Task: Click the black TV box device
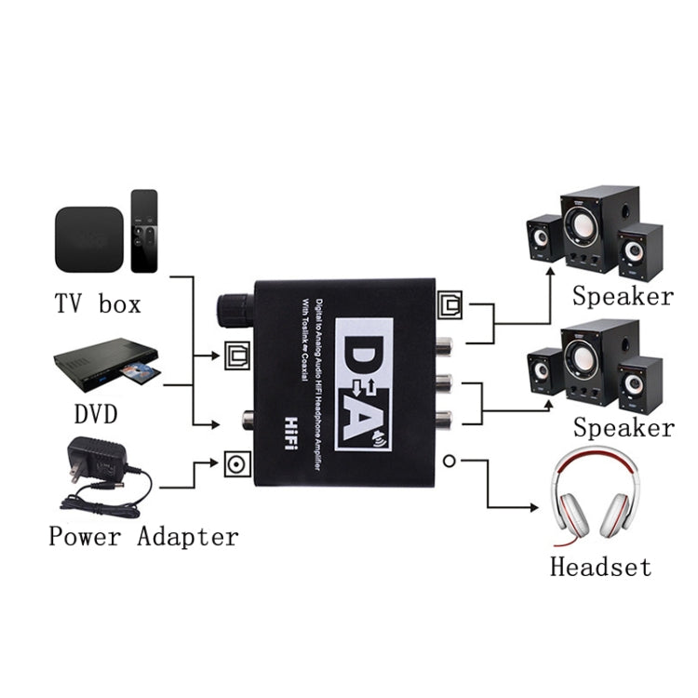pos(88,238)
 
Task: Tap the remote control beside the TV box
pos(144,231)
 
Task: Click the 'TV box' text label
pos(98,303)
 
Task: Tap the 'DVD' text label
pos(97,413)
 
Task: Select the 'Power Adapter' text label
pos(143,536)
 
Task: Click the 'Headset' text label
pos(600,566)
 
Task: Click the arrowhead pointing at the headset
pos(534,508)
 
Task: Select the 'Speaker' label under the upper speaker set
pos(623,297)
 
